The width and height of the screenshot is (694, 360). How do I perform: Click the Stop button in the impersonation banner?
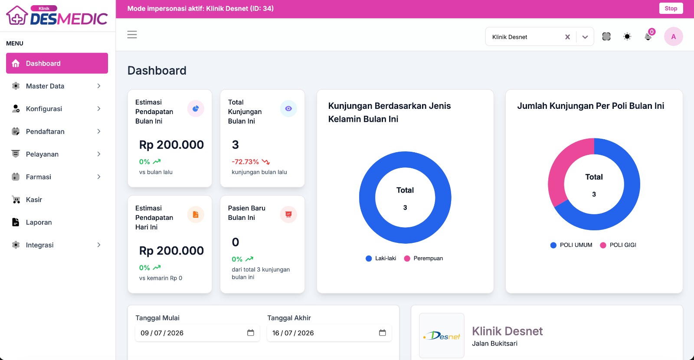coord(671,8)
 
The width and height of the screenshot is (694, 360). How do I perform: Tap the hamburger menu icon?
coord(132,34)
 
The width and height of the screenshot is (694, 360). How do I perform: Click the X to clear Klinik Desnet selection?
coord(567,37)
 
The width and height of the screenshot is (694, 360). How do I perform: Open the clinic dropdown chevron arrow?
coord(585,37)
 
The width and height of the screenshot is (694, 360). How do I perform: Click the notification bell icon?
coord(648,36)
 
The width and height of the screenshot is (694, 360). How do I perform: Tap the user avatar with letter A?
coord(673,36)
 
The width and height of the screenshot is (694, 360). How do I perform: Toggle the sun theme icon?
coord(627,36)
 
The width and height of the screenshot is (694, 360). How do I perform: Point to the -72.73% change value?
coord(245,162)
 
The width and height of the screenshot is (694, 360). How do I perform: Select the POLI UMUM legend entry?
coord(571,245)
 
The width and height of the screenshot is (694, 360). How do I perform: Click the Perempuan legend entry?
coord(423,259)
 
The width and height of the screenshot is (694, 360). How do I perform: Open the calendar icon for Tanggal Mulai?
coord(250,333)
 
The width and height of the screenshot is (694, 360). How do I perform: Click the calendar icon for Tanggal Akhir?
coord(382,333)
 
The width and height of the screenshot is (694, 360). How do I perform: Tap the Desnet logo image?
coord(442,336)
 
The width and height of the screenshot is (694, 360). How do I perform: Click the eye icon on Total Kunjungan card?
coord(288,108)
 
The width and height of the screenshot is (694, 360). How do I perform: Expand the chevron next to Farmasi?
coord(99,177)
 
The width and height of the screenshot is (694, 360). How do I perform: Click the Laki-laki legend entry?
coord(381,259)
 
